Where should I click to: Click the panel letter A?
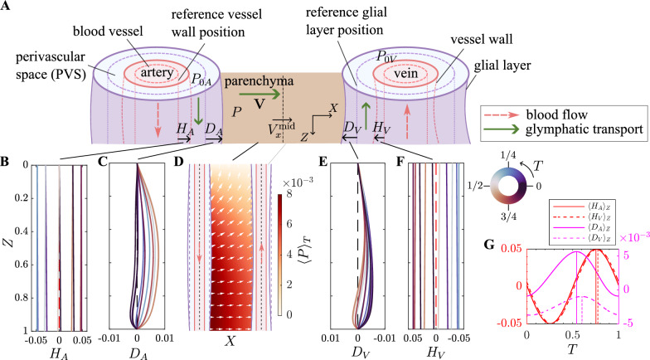click(x=7, y=7)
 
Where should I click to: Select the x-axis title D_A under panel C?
click(x=137, y=353)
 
